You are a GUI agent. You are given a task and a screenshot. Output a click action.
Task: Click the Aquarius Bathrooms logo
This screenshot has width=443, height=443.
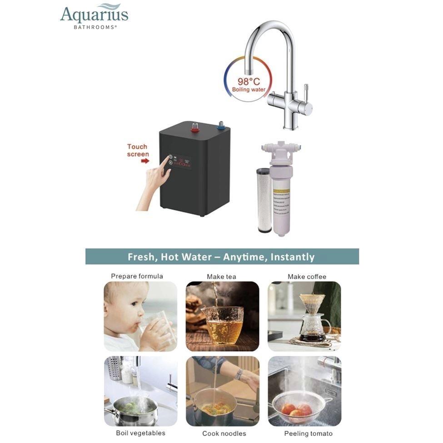coord(94,17)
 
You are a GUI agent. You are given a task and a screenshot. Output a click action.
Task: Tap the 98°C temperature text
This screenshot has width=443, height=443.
coord(249,82)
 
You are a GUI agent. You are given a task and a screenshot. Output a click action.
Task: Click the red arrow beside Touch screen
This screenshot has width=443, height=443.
coord(145,160)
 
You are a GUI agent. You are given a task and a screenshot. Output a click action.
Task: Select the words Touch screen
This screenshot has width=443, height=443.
coord(138,150)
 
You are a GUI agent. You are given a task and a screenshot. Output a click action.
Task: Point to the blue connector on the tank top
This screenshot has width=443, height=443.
coord(221,125)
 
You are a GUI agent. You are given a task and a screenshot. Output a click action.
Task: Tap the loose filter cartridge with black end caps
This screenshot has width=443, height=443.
coord(264,200)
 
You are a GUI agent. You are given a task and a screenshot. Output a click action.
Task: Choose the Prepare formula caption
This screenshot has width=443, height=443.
coord(137,276)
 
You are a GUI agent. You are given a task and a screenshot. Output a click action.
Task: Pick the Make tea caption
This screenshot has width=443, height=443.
coord(221,276)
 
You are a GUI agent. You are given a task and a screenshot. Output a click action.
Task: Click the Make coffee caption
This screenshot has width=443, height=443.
coord(307,276)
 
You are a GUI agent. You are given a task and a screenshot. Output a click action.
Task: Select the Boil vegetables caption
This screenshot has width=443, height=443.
coord(140,433)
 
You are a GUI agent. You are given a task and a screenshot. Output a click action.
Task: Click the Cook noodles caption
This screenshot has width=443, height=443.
coord(224,433)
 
